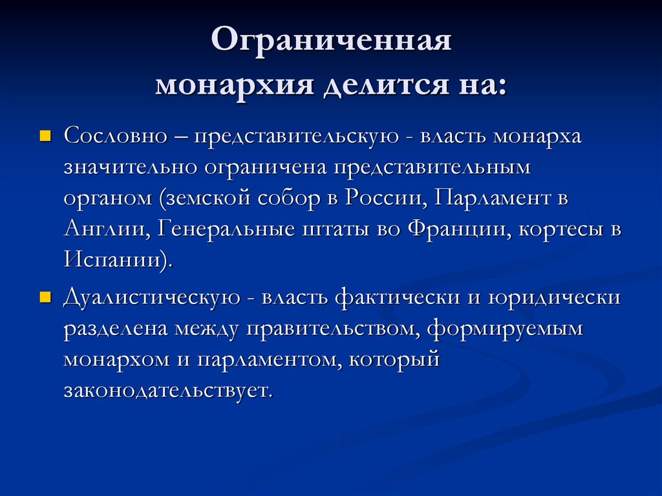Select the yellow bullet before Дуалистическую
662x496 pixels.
click(x=45, y=297)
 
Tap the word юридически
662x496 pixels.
click(x=555, y=297)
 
